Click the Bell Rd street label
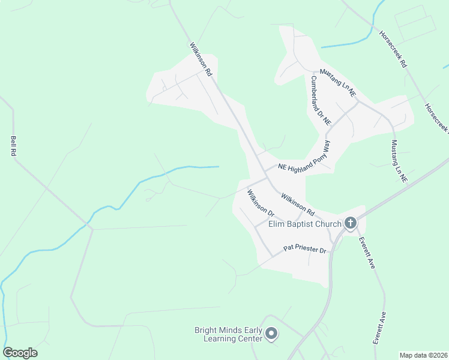click(x=13, y=146)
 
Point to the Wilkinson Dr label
click(x=261, y=203)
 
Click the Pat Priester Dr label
click(x=305, y=250)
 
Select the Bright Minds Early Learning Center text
click(x=229, y=334)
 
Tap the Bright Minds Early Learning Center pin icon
click(x=271, y=334)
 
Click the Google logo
click(x=20, y=353)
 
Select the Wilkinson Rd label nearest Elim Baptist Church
click(x=297, y=204)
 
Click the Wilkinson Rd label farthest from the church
click(x=201, y=59)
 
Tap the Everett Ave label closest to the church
click(x=367, y=252)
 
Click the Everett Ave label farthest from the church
click(x=378, y=327)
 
